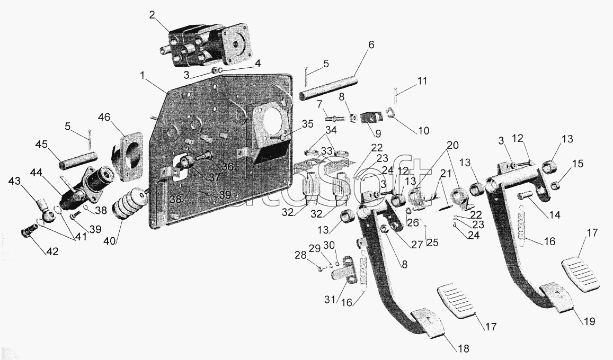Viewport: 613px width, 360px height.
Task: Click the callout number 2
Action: [x=152, y=16]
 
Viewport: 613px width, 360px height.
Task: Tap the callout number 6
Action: [x=371, y=45]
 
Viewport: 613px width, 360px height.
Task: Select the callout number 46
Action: [x=104, y=118]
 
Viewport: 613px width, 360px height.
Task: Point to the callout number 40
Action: [x=110, y=241]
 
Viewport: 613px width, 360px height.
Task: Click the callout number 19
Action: [x=589, y=321]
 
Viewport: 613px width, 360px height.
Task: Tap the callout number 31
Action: [x=331, y=300]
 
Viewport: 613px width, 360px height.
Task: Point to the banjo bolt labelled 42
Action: [x=28, y=233]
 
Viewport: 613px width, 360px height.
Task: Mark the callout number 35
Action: [x=308, y=124]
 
